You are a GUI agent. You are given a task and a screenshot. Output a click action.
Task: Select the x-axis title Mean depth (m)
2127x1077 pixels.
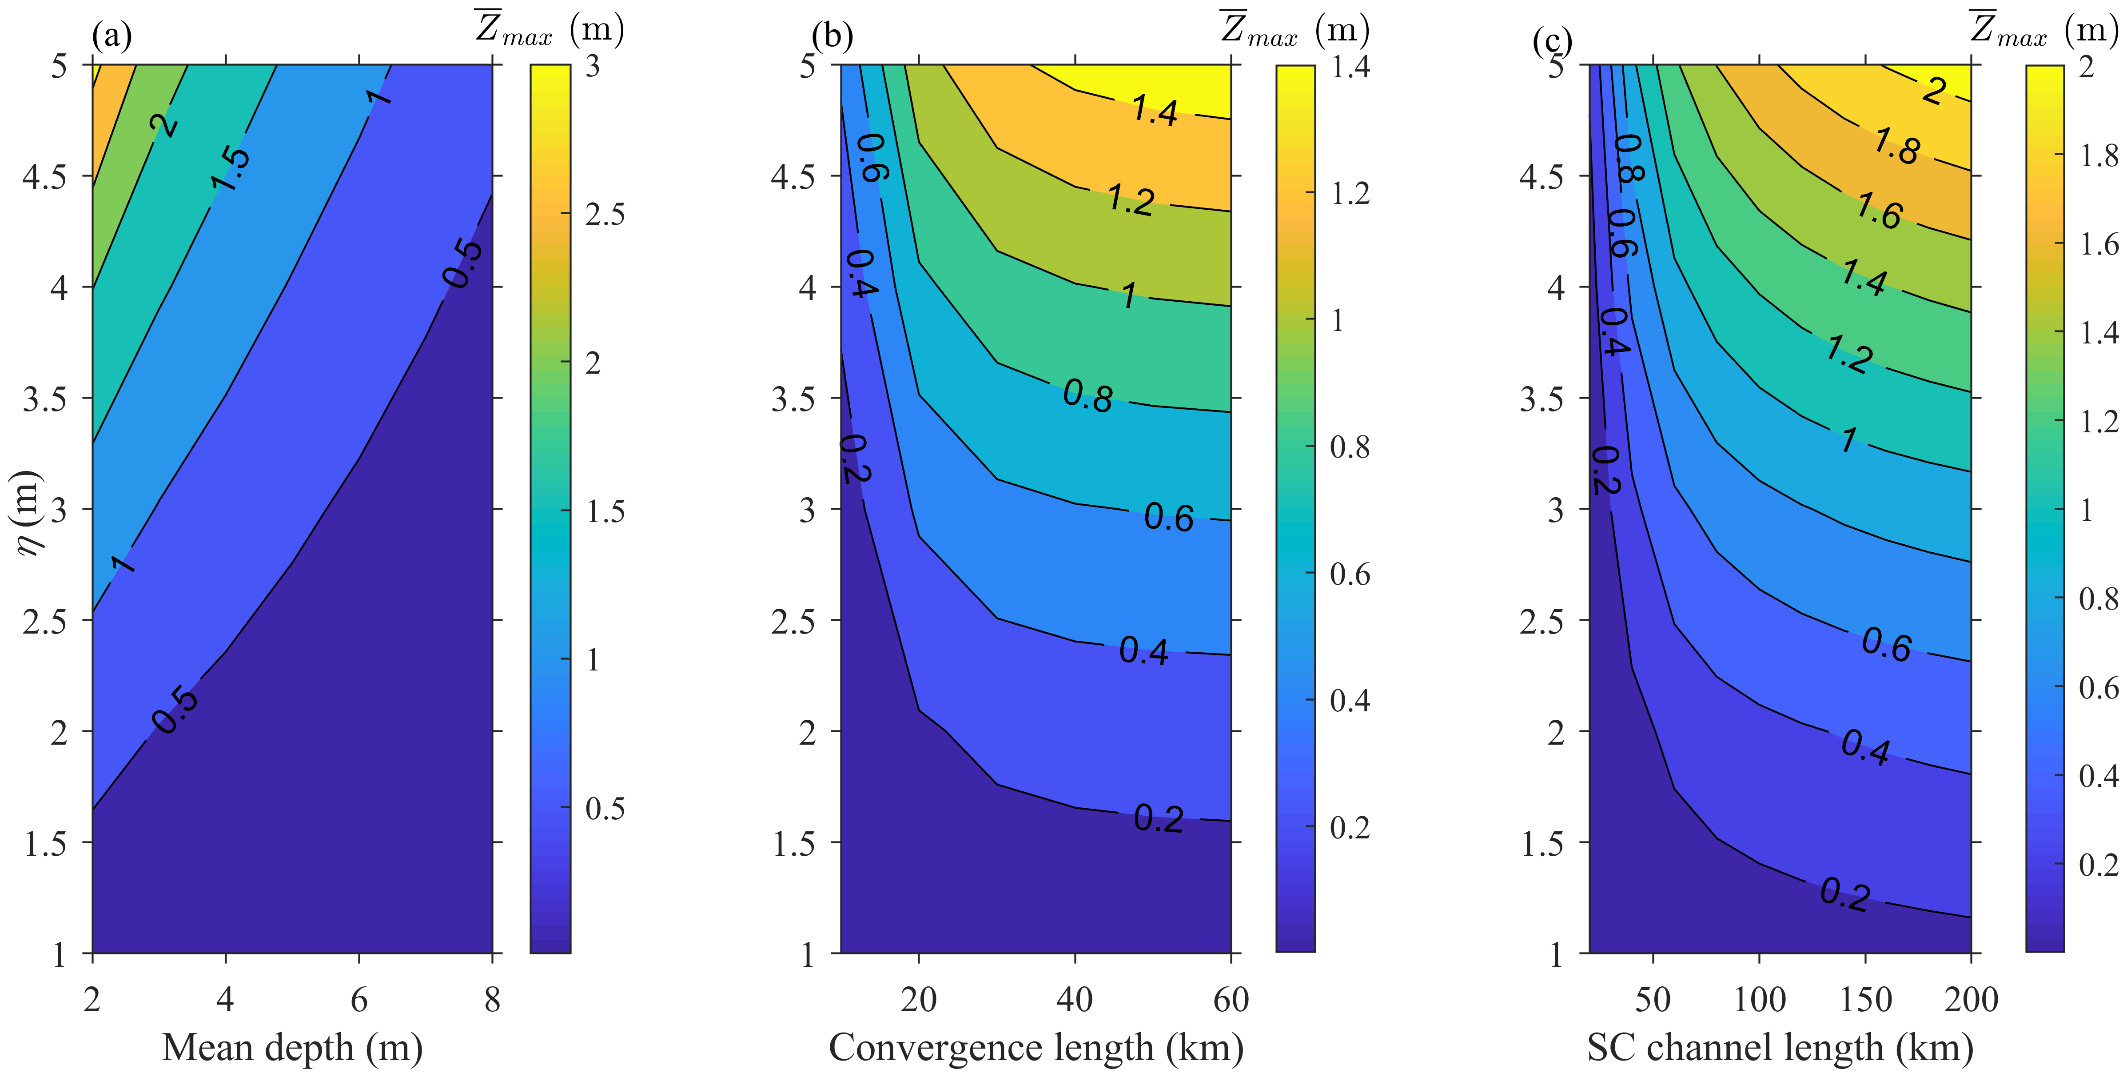(x=292, y=1047)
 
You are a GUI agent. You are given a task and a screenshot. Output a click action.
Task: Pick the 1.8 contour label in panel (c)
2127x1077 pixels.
(x=1896, y=147)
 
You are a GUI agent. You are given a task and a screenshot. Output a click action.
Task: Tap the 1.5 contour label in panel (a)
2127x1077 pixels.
(x=231, y=169)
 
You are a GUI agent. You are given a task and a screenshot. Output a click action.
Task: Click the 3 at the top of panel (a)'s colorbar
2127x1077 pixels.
(x=593, y=66)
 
